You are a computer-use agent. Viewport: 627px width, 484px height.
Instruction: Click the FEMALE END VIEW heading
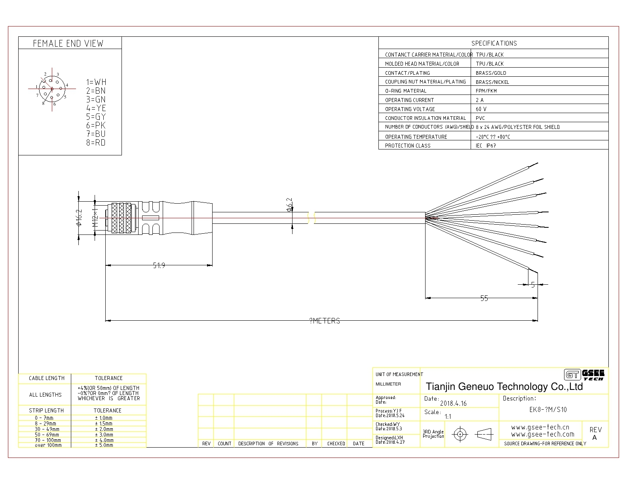[x=68, y=43]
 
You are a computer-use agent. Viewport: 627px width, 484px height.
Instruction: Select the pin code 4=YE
[x=96, y=108]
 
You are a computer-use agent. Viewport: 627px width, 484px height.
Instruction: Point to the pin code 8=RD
[x=96, y=142]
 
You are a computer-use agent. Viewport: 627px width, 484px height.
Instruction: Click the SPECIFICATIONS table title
[x=494, y=43]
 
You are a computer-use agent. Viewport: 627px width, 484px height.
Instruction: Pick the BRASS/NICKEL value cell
[x=492, y=82]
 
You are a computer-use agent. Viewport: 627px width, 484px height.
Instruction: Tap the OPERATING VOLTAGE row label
[x=410, y=109]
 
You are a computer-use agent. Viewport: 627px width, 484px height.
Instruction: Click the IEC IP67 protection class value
[x=486, y=146]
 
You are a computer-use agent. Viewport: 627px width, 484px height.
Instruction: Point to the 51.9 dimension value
[x=159, y=265]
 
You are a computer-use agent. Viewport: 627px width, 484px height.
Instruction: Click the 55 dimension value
[x=484, y=298]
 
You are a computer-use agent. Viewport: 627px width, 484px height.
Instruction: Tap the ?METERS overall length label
[x=325, y=321]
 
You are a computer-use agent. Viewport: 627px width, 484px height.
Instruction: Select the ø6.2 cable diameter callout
[x=289, y=205]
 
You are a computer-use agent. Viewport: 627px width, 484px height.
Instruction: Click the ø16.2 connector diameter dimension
[x=79, y=217]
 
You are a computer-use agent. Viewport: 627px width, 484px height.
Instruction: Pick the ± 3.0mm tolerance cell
[x=104, y=435]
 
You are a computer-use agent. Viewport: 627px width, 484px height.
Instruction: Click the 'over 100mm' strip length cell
[x=48, y=445]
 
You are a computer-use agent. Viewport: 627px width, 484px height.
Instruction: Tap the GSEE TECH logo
[x=584, y=375]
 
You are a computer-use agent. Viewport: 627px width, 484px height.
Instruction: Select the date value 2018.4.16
[x=453, y=403]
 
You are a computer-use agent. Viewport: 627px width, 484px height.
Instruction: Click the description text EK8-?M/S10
[x=548, y=410]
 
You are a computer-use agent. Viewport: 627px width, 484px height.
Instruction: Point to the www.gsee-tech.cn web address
[x=540, y=427]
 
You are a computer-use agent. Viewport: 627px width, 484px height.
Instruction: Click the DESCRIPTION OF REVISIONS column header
[x=268, y=444]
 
